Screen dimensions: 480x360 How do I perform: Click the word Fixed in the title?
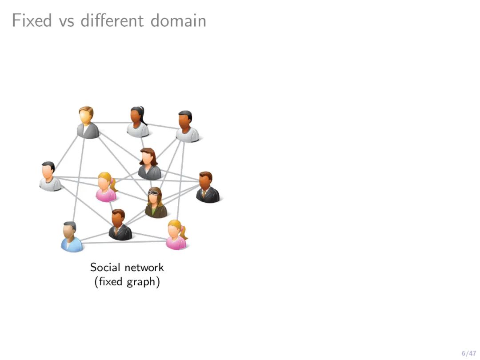[32, 20]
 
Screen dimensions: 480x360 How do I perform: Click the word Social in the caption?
[105, 267]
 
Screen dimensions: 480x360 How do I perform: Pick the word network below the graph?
[144, 267]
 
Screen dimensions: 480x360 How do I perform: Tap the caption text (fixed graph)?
[127, 282]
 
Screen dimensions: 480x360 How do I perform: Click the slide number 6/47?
[468, 353]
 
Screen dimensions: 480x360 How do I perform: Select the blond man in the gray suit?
[88, 123]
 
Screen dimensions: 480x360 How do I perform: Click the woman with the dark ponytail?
[138, 122]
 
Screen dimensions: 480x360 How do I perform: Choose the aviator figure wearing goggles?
[156, 203]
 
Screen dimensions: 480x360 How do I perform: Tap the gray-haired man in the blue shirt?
[71, 237]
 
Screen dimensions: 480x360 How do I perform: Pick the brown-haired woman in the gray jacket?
[149, 164]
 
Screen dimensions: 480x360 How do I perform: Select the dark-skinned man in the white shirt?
[187, 127]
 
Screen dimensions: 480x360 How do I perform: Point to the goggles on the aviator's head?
[154, 192]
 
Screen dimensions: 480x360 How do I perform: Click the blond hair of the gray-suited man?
[86, 111]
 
